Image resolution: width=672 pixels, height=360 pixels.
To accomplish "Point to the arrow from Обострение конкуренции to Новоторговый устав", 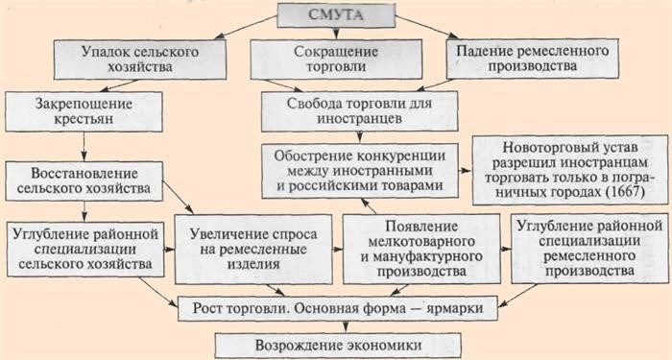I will tap(466, 170).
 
